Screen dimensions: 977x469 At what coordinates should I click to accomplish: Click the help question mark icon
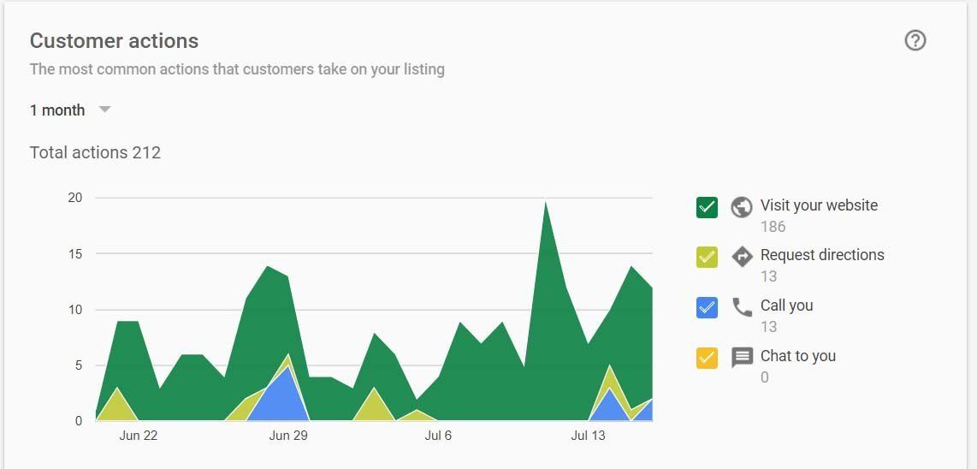(x=915, y=41)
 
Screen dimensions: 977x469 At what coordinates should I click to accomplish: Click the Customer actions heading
(x=114, y=41)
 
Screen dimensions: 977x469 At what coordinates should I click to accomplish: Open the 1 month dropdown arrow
(x=104, y=110)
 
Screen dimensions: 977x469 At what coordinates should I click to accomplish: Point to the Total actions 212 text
(x=95, y=153)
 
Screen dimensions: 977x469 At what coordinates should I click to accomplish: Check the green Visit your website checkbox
(x=708, y=207)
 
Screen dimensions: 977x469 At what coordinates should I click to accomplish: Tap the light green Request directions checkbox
(x=708, y=257)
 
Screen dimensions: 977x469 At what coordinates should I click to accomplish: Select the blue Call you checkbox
(x=708, y=307)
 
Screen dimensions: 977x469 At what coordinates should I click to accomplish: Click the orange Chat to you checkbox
(x=708, y=358)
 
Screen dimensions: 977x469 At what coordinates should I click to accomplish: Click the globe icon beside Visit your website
(x=742, y=207)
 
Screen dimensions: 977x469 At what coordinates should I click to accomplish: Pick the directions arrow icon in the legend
(x=742, y=257)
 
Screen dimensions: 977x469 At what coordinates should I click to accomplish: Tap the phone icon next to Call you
(x=742, y=307)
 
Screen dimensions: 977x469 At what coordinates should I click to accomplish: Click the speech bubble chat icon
(x=742, y=358)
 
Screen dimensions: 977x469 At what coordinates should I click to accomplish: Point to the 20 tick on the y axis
(x=75, y=198)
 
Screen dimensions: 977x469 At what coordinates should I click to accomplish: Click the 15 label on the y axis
(x=75, y=254)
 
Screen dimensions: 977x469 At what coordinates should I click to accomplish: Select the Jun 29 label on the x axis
(x=288, y=436)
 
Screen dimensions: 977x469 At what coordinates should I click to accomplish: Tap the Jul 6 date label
(x=438, y=436)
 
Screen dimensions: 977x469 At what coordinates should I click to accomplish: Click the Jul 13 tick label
(x=589, y=436)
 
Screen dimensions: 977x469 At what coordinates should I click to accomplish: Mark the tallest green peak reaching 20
(x=545, y=201)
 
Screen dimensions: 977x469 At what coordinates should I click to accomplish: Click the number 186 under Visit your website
(x=773, y=227)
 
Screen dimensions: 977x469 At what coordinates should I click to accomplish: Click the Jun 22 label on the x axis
(x=139, y=436)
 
